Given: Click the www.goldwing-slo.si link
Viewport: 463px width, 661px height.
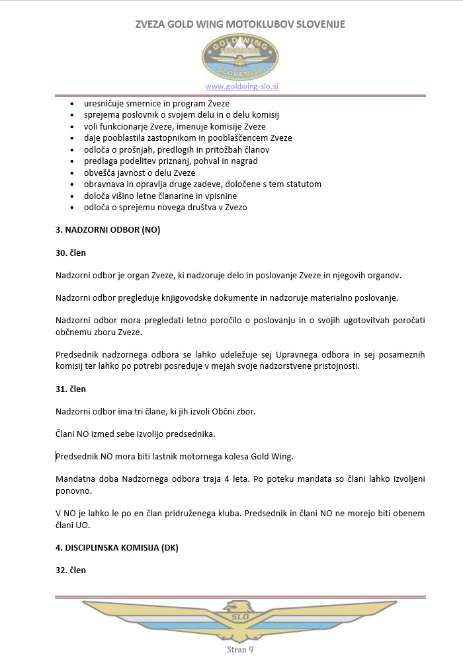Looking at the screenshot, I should (x=241, y=87).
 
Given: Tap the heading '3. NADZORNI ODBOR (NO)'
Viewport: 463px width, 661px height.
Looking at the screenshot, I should (x=108, y=230).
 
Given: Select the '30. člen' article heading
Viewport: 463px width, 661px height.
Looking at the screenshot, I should (x=71, y=253).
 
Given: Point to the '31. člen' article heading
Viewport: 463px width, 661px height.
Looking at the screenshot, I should (x=71, y=389).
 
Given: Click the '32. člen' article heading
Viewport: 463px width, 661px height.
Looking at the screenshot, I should (x=71, y=570).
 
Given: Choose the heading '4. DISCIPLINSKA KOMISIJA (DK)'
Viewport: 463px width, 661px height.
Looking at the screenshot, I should (x=117, y=547).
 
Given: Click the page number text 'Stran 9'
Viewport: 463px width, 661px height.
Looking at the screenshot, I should (x=240, y=650).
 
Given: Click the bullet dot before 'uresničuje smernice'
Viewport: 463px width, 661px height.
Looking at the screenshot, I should (x=72, y=104).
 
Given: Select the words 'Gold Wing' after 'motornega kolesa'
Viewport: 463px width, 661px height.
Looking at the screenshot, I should (x=269, y=457).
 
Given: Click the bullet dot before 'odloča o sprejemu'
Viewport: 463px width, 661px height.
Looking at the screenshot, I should (x=72, y=208).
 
